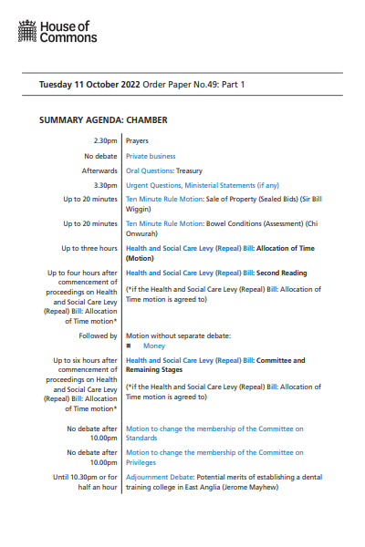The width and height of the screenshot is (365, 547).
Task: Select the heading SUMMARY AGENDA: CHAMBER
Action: tap(103, 119)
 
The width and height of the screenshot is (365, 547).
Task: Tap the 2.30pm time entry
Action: tap(106, 141)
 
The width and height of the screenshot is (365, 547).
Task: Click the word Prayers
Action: tap(137, 141)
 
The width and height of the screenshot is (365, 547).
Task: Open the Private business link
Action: tap(150, 156)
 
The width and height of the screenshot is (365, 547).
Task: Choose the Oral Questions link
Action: tap(149, 170)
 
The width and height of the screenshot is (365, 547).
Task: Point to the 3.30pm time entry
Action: tap(106, 185)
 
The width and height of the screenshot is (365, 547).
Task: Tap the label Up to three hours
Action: tap(89, 248)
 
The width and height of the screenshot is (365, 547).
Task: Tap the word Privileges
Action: tap(143, 462)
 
